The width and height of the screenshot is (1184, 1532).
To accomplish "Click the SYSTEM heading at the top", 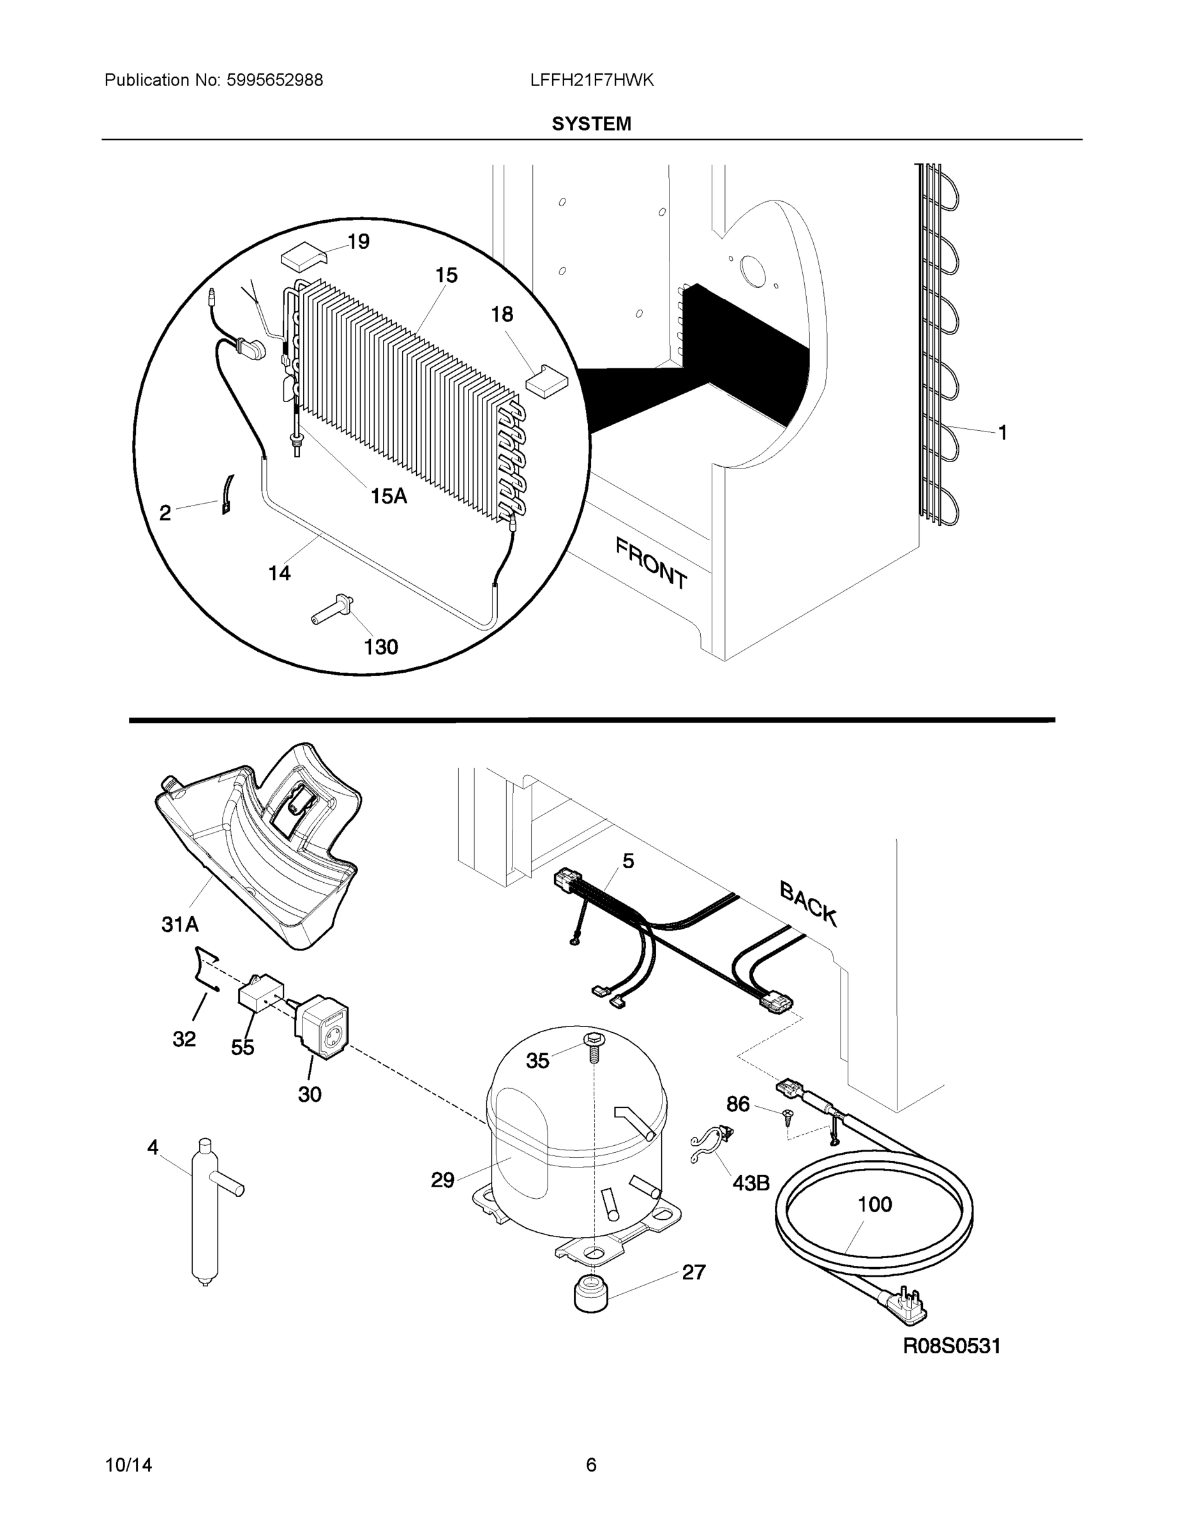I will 591,124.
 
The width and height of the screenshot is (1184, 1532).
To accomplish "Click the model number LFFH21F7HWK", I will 592,80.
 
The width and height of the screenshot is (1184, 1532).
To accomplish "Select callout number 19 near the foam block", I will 359,242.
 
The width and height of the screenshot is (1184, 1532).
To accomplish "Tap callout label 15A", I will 389,497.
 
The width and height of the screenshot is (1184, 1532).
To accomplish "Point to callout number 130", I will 381,647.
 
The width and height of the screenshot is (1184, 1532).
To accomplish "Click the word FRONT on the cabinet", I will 651,562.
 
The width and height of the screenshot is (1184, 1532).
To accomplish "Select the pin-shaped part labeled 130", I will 333,609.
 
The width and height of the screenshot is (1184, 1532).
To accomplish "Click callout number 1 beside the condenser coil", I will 1002,433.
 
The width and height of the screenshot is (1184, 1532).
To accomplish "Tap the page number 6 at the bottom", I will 591,1466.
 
